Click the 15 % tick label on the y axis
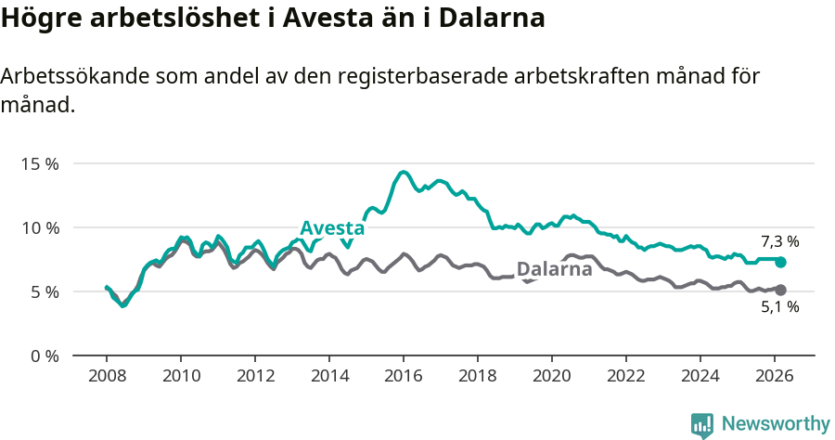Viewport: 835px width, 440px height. (x=39, y=163)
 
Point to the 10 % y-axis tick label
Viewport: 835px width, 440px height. (x=39, y=227)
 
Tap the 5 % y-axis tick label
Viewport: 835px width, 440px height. (x=43, y=291)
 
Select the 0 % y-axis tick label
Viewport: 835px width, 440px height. (x=43, y=356)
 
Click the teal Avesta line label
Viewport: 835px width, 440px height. (x=332, y=228)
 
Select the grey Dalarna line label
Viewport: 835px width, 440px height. (x=554, y=269)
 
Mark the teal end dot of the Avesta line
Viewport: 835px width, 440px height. (x=780, y=262)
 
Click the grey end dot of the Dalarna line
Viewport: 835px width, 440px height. (x=780, y=290)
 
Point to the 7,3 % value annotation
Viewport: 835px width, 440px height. (x=779, y=241)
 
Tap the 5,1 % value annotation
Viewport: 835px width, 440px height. (x=779, y=307)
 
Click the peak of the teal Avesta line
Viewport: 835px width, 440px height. (x=404, y=172)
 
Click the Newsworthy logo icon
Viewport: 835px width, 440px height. (x=702, y=425)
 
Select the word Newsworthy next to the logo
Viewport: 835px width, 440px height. (x=775, y=424)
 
